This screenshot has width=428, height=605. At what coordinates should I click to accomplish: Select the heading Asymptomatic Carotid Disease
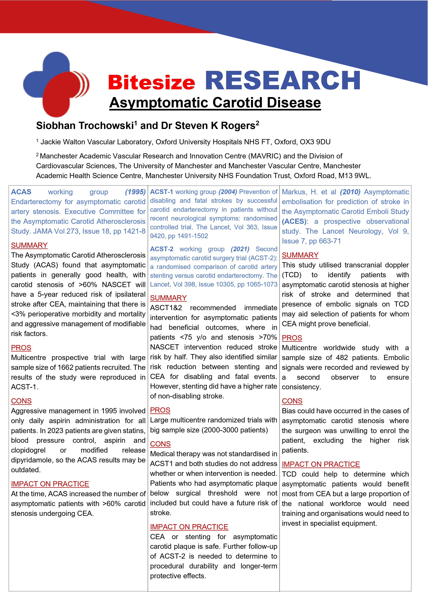pyautogui.click(x=215, y=103)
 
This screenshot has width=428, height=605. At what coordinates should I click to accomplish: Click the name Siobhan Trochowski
pyautogui.click(x=85, y=126)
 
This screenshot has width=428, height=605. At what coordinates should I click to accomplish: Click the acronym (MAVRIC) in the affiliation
pyautogui.click(x=264, y=156)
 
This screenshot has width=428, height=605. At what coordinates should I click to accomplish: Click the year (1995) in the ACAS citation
pyautogui.click(x=135, y=192)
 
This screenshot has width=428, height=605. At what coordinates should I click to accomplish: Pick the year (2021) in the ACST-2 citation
pyautogui.click(x=240, y=249)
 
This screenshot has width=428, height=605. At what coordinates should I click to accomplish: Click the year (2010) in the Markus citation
pyautogui.click(x=350, y=192)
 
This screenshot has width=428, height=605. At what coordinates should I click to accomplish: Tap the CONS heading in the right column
pyautogui.click(x=292, y=401)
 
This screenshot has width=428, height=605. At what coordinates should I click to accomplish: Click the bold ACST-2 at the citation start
pyautogui.click(x=162, y=249)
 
